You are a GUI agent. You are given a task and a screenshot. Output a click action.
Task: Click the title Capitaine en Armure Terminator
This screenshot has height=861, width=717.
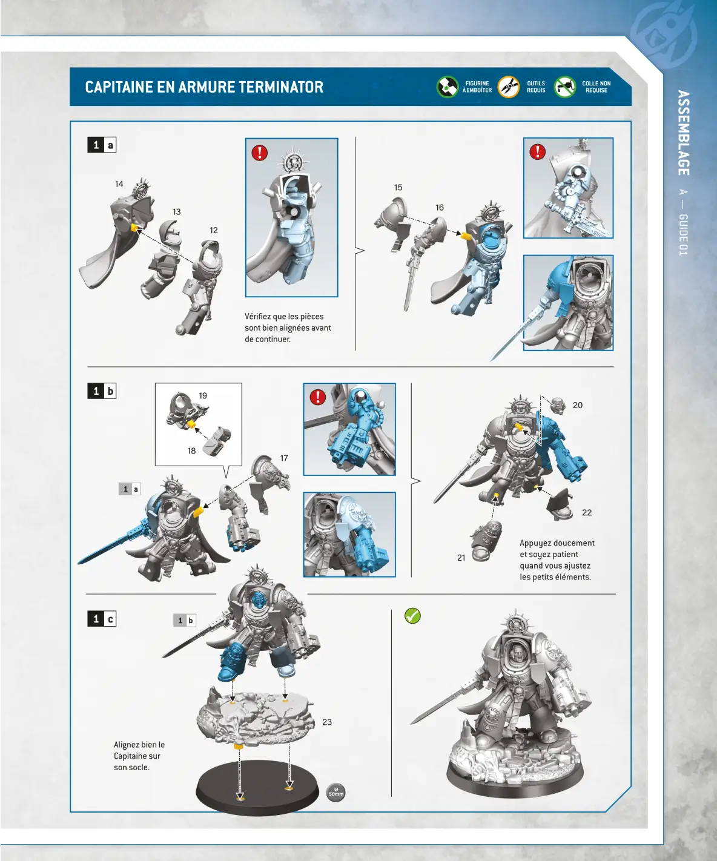(x=204, y=87)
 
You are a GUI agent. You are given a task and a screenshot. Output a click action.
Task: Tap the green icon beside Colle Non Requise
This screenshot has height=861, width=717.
(x=564, y=87)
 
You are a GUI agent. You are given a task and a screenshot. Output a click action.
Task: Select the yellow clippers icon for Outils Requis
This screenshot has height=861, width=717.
(x=509, y=87)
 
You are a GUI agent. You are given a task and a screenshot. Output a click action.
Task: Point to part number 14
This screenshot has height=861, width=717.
(x=119, y=184)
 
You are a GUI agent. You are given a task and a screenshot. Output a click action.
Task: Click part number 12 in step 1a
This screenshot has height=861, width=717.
(x=213, y=230)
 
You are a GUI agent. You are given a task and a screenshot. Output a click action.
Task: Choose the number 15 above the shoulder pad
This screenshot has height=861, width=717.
(x=398, y=188)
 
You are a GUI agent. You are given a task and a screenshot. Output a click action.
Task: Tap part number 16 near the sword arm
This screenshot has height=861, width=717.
(x=440, y=208)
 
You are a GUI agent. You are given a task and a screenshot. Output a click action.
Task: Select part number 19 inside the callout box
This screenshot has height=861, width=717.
(x=203, y=396)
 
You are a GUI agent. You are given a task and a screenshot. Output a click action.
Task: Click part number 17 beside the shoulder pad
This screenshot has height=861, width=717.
(x=284, y=458)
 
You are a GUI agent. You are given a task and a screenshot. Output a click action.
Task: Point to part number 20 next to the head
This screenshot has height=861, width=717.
(x=578, y=406)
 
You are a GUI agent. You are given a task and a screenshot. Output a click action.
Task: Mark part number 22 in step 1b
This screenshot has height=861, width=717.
(x=587, y=512)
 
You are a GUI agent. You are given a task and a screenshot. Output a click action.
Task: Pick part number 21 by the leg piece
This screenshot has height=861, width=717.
(x=461, y=558)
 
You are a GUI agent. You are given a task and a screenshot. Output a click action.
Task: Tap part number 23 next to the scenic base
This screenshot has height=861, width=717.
(x=327, y=722)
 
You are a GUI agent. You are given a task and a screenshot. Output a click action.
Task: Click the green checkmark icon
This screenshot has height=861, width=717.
(x=412, y=616)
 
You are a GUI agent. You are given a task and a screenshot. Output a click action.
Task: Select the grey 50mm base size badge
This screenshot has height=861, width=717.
(x=335, y=792)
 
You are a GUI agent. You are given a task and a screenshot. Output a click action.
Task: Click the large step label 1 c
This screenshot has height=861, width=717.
(x=102, y=619)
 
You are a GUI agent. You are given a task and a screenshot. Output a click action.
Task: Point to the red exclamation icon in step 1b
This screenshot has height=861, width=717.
(x=317, y=397)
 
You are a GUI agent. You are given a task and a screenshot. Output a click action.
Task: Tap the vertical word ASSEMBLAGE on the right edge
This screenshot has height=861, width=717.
(x=683, y=133)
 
